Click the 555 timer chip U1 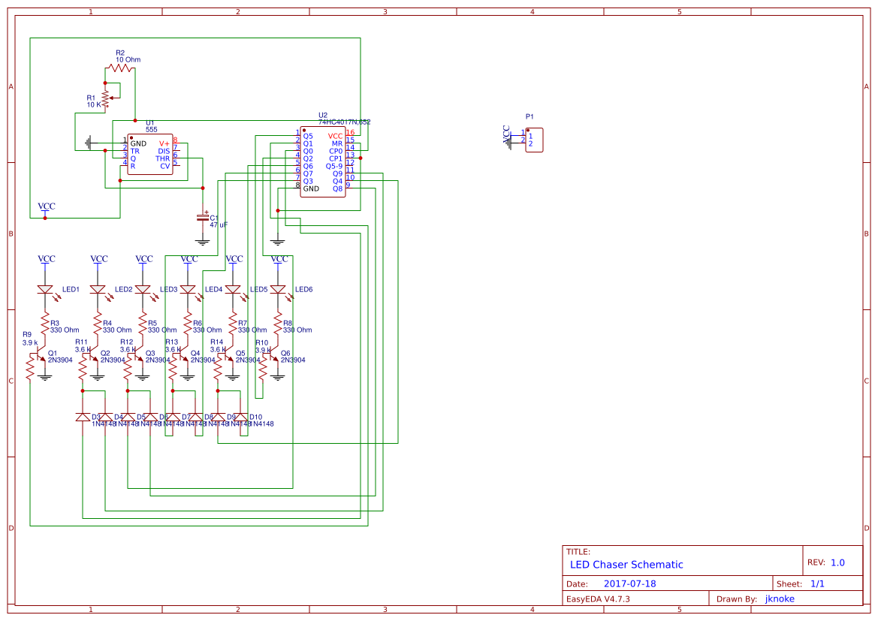pos(150,155)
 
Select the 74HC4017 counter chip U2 pos(323,162)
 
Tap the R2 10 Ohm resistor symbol pos(119,68)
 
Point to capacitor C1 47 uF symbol pos(202,217)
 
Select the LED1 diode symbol pos(45,290)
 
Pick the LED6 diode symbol pos(278,290)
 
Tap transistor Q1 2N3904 pos(42,360)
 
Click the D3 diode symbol pos(83,417)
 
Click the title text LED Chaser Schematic pos(626,565)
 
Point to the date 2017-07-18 pos(629,583)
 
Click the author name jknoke pos(779,598)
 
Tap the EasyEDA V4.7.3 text pos(598,598)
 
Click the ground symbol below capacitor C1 pos(202,242)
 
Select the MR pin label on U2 pos(337,143)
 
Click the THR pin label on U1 pos(163,158)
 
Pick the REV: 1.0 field pos(826,562)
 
